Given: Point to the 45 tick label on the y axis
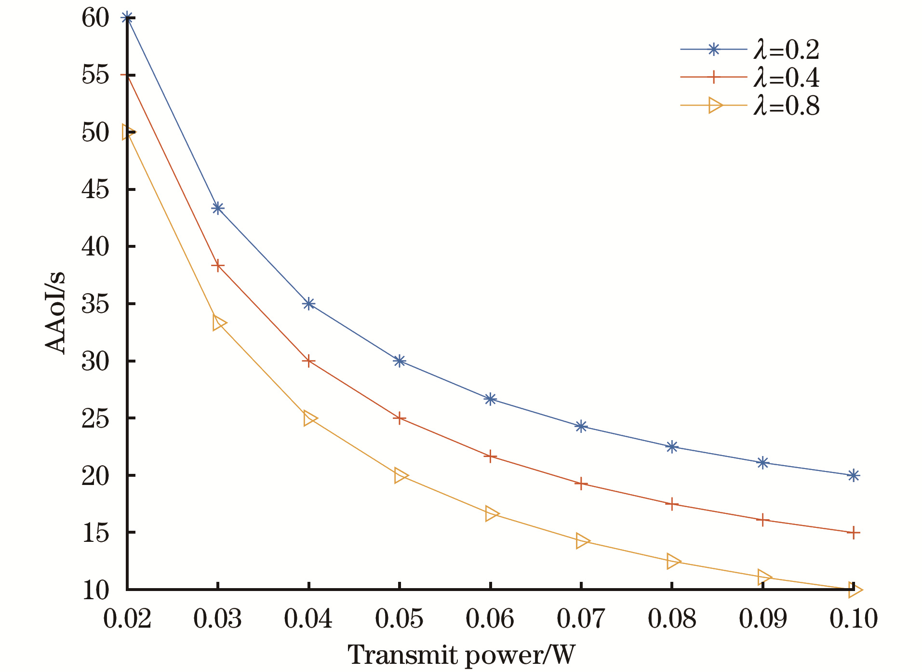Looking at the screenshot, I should (95, 189).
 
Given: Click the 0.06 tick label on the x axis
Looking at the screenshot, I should (490, 618).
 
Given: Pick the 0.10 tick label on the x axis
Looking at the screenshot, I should (853, 618).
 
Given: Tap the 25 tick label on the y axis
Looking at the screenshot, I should (95, 418).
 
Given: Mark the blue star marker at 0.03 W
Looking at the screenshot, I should (218, 208).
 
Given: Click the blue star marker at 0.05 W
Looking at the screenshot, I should (399, 361).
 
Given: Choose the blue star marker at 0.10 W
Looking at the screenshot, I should (853, 475).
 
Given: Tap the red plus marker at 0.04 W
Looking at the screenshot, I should (308, 361).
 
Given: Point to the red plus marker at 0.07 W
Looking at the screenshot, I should (581, 484).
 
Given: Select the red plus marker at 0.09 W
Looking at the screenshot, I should (762, 520).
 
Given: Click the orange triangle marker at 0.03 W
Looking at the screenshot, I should (218, 323).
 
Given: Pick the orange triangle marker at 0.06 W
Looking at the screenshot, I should (491, 514).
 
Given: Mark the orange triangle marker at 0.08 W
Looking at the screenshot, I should (672, 561).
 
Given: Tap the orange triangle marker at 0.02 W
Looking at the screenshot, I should (128, 132).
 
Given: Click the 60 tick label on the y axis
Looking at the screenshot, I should (95, 18).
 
